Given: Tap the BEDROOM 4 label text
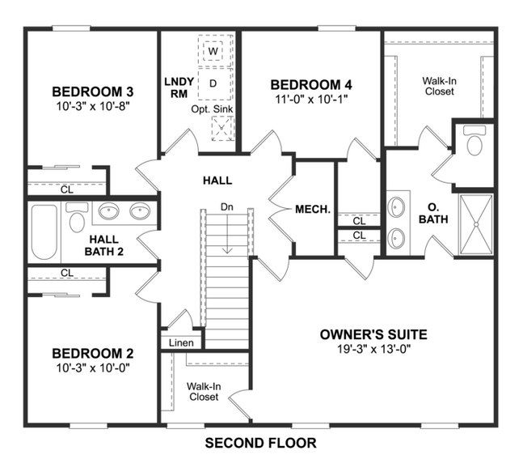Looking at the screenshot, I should coord(311,84).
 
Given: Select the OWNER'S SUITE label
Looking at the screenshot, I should coord(373,334).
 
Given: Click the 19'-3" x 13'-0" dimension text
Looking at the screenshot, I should coord(373,348).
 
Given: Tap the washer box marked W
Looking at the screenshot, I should coord(213,51).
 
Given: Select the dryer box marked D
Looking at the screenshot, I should coord(213,83).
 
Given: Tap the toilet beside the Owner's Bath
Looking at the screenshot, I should coord(474,143).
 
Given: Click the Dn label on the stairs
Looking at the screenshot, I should coord(227,207).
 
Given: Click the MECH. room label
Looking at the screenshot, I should coord(313,209).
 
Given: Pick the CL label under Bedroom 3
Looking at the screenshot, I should coord(66,189).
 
